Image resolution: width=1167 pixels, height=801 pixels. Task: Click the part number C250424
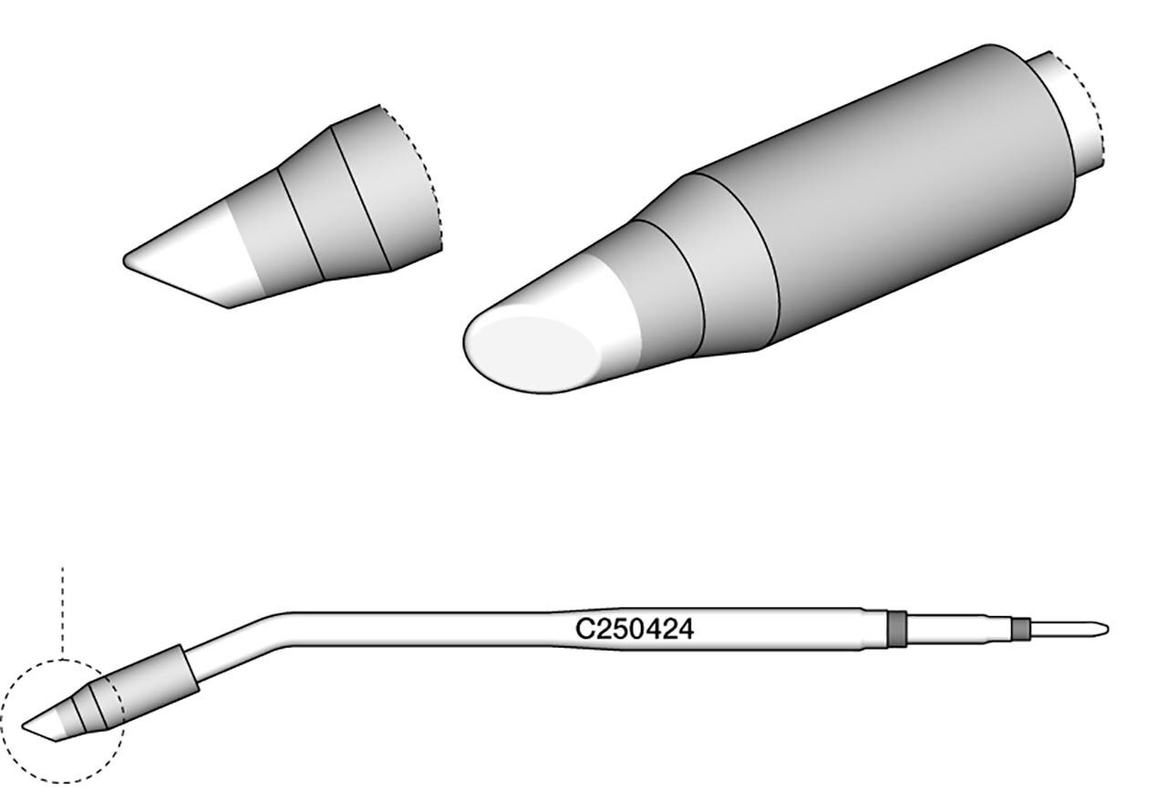[634, 629]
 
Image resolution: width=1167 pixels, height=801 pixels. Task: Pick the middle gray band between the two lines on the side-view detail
[334, 203]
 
